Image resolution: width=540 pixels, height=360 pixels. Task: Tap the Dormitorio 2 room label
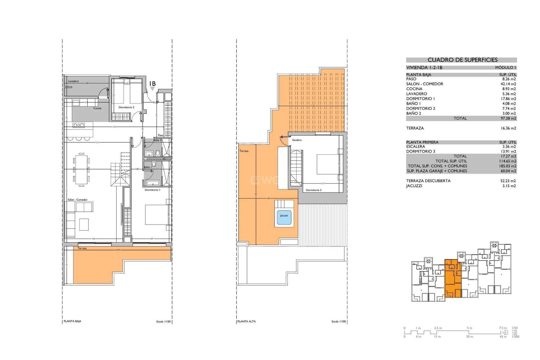[x=126, y=107]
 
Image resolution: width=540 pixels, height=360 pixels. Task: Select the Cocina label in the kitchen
[x=97, y=108]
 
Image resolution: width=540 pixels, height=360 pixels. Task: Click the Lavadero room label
[x=73, y=81]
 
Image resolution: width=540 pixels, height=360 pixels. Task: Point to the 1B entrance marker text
[x=152, y=84]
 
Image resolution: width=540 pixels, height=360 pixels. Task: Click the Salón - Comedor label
[x=78, y=200]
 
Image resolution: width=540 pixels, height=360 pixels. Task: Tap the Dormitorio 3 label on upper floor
[x=314, y=190]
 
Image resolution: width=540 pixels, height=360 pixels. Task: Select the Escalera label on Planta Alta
[x=297, y=140]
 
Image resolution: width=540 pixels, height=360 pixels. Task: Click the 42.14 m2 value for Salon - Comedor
[x=508, y=84]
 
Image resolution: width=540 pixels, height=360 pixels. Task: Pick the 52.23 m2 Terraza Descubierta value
[x=508, y=181]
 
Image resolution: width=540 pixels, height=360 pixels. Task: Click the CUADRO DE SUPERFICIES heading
[x=462, y=60]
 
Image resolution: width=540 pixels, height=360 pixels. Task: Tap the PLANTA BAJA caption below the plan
[x=73, y=321]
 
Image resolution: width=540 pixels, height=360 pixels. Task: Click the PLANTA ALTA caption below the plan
[x=246, y=321]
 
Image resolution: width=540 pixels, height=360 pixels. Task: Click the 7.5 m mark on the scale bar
[x=503, y=328]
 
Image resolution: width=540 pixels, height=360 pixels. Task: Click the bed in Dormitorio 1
[x=156, y=215]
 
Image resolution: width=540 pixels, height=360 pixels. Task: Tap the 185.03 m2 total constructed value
[x=508, y=166]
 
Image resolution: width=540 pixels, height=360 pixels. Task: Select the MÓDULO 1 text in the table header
[x=506, y=67]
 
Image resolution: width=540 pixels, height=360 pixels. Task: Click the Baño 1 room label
[x=148, y=167]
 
